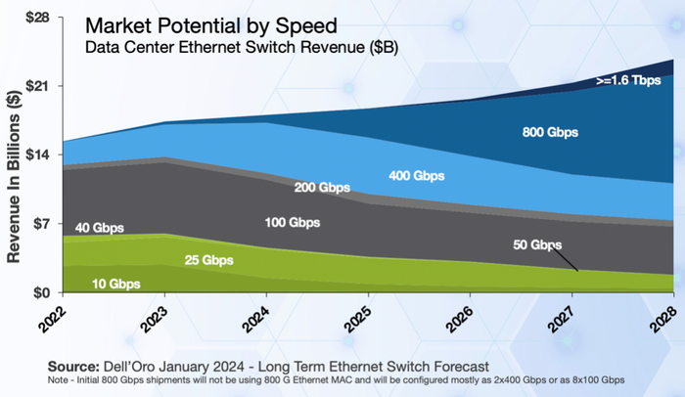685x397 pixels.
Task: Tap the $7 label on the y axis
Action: tap(41, 224)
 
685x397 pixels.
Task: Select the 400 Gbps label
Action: tap(415, 176)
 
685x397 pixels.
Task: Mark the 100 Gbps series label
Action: tap(293, 223)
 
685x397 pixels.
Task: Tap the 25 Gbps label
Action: tap(208, 260)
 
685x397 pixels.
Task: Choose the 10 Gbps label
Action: tap(114, 284)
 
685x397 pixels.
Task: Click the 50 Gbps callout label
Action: tap(537, 243)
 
